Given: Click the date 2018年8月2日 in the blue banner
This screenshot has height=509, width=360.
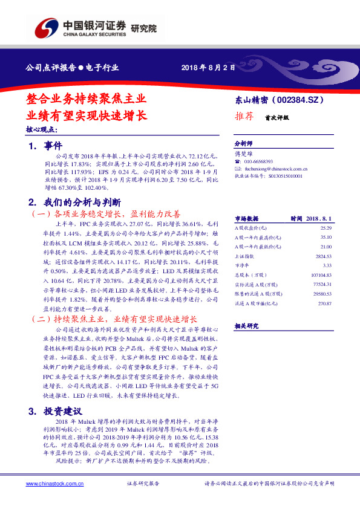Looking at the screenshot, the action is point(208,68).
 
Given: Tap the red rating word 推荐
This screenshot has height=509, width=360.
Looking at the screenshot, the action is point(245,118).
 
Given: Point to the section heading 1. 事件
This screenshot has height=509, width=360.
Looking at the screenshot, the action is point(45,146).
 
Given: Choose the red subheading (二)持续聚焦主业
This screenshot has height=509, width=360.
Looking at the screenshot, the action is point(113,318).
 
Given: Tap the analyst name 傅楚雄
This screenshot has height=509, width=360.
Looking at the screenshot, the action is point(243,155).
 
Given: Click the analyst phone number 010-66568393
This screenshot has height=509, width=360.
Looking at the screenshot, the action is point(258,162).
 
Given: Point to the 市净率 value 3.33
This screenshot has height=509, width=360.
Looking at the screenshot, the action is point(327,265).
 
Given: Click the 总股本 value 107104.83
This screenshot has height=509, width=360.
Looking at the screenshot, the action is point(321,275).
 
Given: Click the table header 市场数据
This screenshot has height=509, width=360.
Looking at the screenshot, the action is point(247,218).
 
